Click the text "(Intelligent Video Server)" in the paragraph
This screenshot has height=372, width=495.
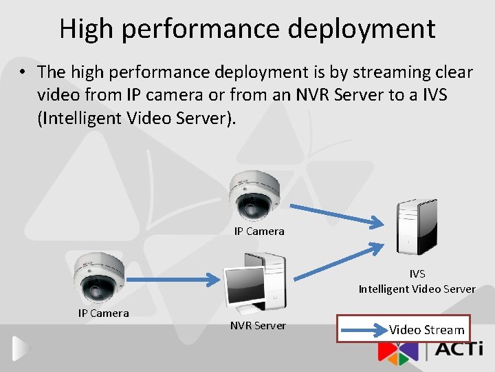click(x=137, y=118)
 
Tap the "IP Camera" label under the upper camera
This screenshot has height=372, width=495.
click(x=259, y=231)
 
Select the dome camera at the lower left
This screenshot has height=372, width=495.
click(x=100, y=277)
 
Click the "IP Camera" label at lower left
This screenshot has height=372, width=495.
click(x=103, y=313)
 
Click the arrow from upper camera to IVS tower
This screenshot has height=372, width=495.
click(x=335, y=213)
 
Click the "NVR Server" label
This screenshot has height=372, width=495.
click(x=258, y=325)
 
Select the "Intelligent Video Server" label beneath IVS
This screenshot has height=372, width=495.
click(x=417, y=289)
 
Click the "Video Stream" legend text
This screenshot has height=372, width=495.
click(x=427, y=330)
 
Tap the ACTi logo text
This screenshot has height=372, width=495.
click(x=460, y=351)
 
